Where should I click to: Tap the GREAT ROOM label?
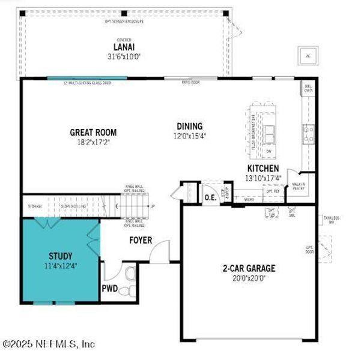tap(93, 133)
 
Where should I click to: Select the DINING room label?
tap(189, 126)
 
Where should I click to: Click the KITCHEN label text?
tap(263, 169)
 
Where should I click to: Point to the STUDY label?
tap(60, 256)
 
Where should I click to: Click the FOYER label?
tap(141, 241)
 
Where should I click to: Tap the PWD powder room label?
tap(109, 288)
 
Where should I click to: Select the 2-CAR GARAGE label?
tap(248, 268)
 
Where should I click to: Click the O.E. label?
tap(210, 197)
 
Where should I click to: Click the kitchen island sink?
tap(269, 131)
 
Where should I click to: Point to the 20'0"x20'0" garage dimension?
tap(248, 278)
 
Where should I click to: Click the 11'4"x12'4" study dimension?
tap(60, 265)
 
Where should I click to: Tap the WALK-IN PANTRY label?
tap(298, 187)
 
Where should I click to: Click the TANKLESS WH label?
tap(331, 220)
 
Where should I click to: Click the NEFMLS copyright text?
tap(48, 344)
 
